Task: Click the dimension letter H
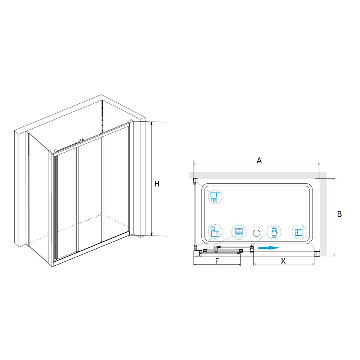pyautogui.click(x=157, y=184)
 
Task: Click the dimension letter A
pyautogui.click(x=259, y=161)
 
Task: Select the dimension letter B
pyautogui.click(x=339, y=214)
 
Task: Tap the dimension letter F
pyautogui.click(x=217, y=261)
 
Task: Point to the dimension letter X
pyautogui.click(x=283, y=261)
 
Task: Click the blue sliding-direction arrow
pyautogui.click(x=269, y=248)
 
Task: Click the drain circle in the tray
pyautogui.click(x=256, y=233)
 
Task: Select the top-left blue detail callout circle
pyautogui.click(x=215, y=197)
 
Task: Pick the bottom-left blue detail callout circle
pyautogui.click(x=215, y=231)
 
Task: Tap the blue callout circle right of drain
pyautogui.click(x=274, y=232)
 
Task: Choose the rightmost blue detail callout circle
pyautogui.click(x=300, y=231)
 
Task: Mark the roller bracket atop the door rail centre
pyautogui.click(x=81, y=140)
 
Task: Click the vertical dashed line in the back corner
pyautogui.click(x=102, y=116)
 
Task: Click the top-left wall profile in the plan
pyautogui.click(x=195, y=181)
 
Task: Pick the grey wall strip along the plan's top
pyautogui.click(x=258, y=175)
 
